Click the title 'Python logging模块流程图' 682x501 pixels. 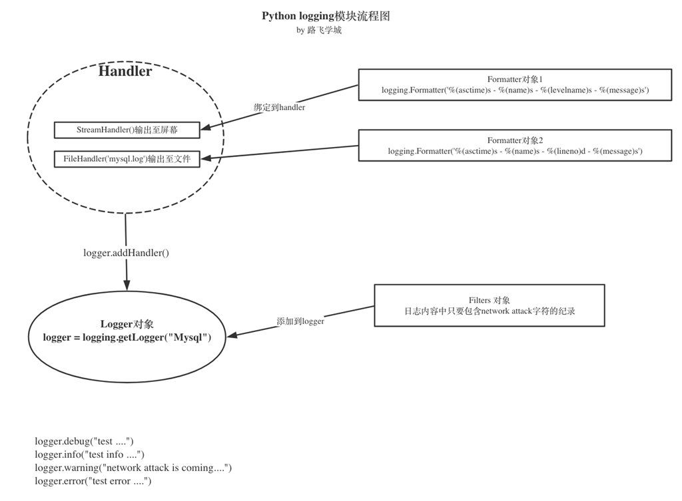(x=326, y=16)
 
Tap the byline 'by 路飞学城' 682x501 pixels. (x=319, y=31)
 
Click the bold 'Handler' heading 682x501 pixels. (x=125, y=71)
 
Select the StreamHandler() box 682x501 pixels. (x=127, y=130)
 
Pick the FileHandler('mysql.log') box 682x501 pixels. (x=127, y=160)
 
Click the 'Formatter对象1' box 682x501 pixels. (x=515, y=84)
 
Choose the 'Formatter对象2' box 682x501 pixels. (x=515, y=146)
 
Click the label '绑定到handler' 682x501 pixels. (x=279, y=107)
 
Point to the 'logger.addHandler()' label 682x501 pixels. (x=127, y=253)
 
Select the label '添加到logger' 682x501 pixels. (x=300, y=321)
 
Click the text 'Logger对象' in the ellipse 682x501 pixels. (x=127, y=325)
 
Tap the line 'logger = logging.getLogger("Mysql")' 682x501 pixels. (x=127, y=338)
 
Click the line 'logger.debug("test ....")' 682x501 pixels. (x=85, y=442)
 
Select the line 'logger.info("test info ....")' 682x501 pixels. (x=90, y=455)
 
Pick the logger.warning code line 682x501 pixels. (x=133, y=468)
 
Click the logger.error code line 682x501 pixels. (x=93, y=481)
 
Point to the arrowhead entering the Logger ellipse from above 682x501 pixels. (x=127, y=284)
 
